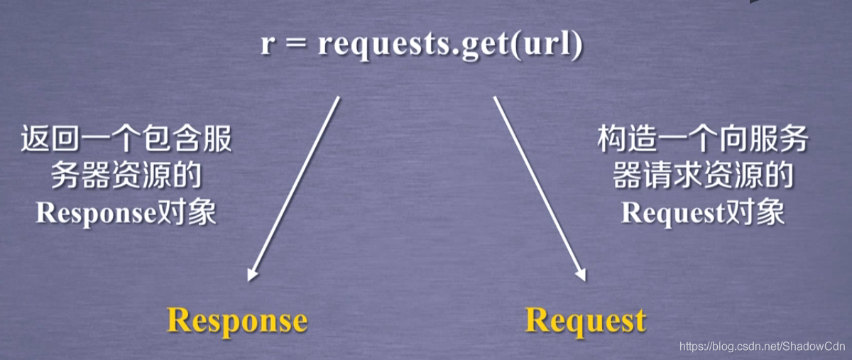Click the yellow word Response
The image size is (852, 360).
click(x=237, y=322)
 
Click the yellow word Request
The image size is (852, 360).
click(x=585, y=322)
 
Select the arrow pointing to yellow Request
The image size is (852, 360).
click(x=540, y=189)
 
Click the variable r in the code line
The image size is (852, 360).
click(x=268, y=45)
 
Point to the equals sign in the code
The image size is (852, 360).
click(x=296, y=45)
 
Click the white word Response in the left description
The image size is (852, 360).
click(x=96, y=214)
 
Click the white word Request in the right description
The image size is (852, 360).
click(x=673, y=214)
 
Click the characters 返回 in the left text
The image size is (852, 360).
click(x=50, y=139)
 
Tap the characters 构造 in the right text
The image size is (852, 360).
click(x=627, y=139)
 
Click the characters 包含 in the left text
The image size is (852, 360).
click(x=171, y=139)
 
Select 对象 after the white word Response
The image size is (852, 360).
click(x=186, y=212)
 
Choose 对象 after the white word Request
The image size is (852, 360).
click(x=755, y=212)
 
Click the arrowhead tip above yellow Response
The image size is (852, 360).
click(x=248, y=281)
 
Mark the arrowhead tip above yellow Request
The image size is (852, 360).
click(x=585, y=281)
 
